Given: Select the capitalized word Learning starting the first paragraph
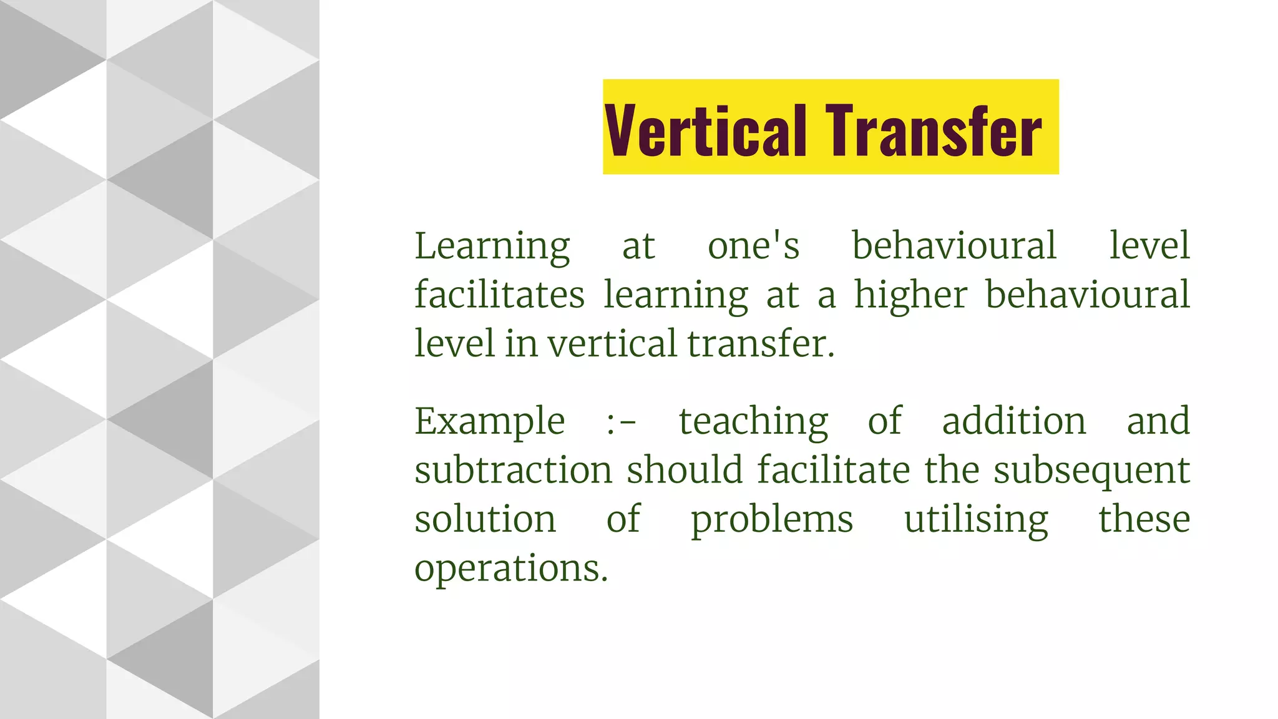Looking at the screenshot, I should coord(492,246).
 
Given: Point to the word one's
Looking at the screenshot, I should coord(753,246).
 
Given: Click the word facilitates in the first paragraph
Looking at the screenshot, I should coord(499,295).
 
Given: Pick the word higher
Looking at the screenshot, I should coord(910,295).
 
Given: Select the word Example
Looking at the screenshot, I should coord(490,422).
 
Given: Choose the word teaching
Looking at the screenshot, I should coord(753,422).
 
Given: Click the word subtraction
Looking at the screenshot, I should coord(513,470).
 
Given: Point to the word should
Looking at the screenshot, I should coord(685,470).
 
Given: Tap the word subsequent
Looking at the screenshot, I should coord(1091,471).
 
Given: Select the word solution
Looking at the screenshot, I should coord(485,519).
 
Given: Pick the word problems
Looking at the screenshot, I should coord(771,521).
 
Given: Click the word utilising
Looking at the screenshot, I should coord(976,521).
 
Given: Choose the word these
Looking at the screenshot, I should coord(1144,519).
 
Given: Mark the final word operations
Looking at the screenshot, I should coord(511,569).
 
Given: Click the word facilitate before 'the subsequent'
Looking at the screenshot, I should coord(834,470).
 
